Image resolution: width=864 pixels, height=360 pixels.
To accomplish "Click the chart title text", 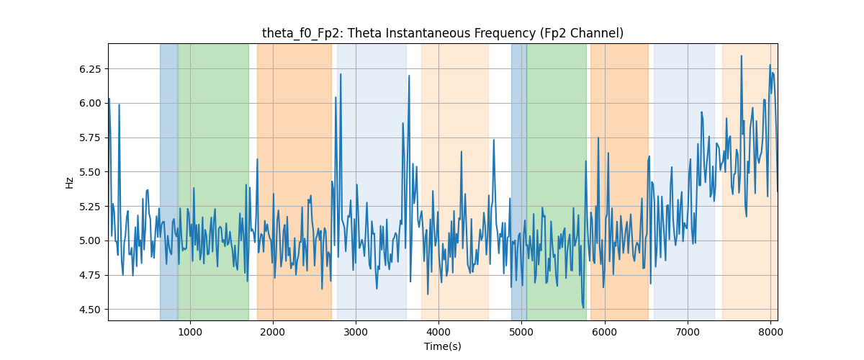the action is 442,33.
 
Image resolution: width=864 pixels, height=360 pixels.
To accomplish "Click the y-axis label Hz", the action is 69,183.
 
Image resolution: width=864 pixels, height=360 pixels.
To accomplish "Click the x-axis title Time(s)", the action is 442,346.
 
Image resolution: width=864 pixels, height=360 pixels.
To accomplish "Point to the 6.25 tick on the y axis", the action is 90,69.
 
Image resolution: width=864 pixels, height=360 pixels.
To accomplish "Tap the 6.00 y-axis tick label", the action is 90,104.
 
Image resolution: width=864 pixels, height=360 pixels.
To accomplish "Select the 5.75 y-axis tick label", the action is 90,138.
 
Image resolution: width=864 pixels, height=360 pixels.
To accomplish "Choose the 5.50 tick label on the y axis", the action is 90,172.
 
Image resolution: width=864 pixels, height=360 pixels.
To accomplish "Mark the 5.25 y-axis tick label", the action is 90,207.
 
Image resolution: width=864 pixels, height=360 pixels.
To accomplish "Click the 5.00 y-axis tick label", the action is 90,240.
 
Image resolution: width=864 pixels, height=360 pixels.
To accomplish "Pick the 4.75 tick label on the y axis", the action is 90,275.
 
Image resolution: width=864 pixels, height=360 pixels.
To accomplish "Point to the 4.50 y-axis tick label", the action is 90,310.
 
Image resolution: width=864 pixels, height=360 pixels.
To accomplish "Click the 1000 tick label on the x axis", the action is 190,332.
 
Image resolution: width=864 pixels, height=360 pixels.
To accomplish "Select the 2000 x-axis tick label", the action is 273,332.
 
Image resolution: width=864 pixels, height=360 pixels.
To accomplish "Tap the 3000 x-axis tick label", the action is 356,332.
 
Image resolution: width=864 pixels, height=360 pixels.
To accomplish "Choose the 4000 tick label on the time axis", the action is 438,332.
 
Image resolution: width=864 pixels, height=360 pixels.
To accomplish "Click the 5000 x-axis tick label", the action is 521,332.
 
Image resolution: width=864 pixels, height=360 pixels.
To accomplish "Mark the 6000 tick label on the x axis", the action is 604,332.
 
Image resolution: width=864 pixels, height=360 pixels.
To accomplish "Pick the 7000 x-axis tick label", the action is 688,332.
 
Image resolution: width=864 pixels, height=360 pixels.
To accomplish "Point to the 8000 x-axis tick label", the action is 770,332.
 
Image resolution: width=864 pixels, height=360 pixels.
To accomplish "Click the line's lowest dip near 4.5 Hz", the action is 583,307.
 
